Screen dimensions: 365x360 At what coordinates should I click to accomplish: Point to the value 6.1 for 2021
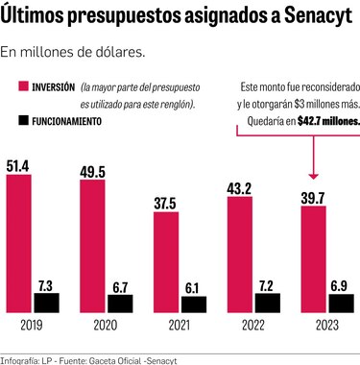(x=192, y=286)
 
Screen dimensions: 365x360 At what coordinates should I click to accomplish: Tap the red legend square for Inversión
(x=12, y=86)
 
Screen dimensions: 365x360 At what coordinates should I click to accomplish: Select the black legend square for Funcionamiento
(x=12, y=123)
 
